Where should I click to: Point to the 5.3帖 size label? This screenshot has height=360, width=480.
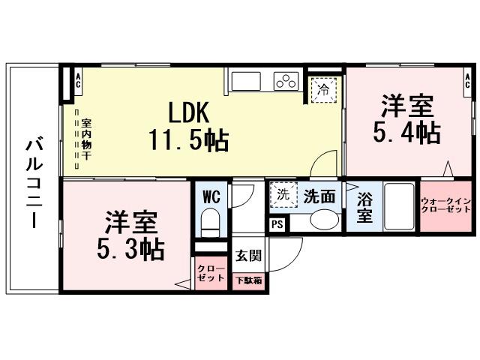pyautogui.click(x=130, y=248)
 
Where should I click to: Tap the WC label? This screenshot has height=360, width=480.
pyautogui.click(x=211, y=197)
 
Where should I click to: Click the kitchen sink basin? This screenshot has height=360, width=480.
pyautogui.click(x=245, y=79)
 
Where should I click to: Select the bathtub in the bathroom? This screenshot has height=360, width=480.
pyautogui.click(x=400, y=206)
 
